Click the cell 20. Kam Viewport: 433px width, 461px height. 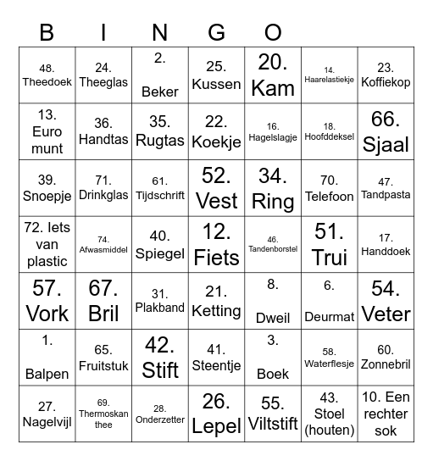[x=273, y=75]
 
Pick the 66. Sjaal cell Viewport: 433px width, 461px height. [x=386, y=131]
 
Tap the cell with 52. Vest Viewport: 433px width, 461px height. [x=217, y=188]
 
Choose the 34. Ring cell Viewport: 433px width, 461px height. [x=273, y=188]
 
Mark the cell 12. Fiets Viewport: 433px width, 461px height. [x=217, y=244]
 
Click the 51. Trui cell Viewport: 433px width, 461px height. [x=330, y=244]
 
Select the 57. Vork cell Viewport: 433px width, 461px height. [x=47, y=301]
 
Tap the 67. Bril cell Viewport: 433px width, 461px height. [x=103, y=301]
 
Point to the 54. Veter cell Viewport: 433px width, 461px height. [x=386, y=301]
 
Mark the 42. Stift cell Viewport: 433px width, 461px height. [x=160, y=357]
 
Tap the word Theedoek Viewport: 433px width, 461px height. [x=47, y=83]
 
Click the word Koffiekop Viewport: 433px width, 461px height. [x=386, y=83]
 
